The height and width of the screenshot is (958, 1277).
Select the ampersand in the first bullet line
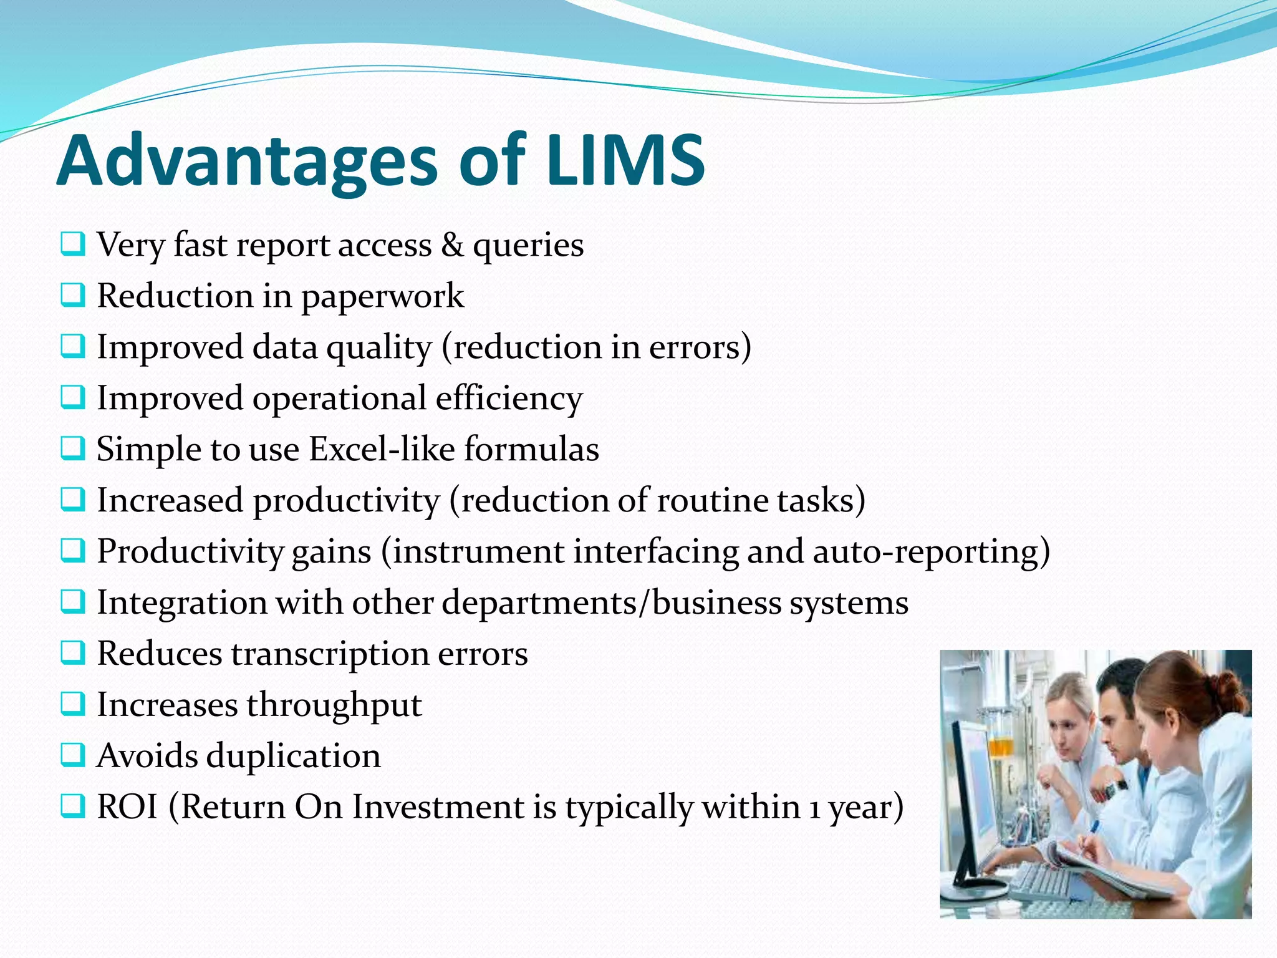coord(452,244)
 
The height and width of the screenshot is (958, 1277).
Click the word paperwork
coord(383,296)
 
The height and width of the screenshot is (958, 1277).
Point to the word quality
coord(379,347)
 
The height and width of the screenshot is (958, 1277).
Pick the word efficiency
coord(509,399)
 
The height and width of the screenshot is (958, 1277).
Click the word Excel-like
coord(382,449)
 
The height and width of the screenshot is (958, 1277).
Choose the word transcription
coord(330,654)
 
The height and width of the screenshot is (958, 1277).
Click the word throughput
coord(334,705)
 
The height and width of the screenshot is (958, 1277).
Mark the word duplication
coord(293,756)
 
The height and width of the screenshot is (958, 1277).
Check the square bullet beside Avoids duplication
coord(73,755)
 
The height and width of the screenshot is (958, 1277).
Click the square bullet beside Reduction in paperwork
coord(73,295)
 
